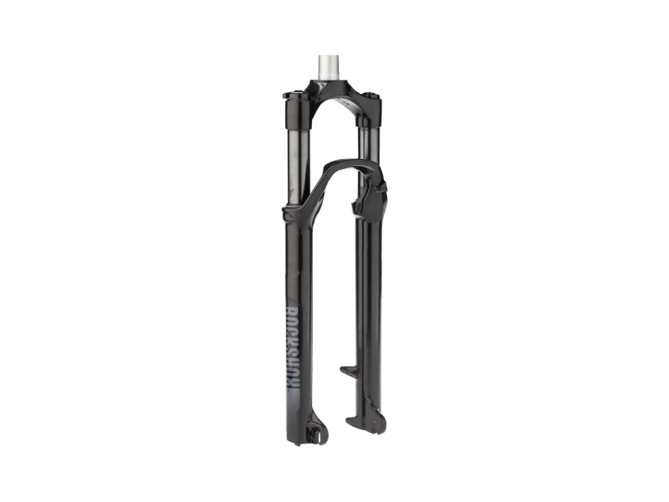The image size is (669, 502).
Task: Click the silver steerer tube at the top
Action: (328, 67)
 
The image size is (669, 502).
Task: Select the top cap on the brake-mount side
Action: (370, 93)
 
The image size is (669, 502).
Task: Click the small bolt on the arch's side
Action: (380, 187)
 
